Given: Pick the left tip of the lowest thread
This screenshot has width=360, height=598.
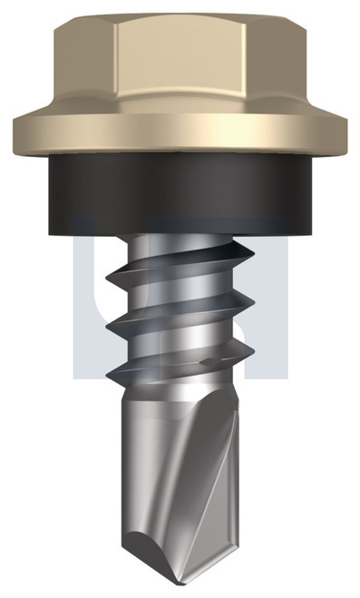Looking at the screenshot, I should click(106, 372).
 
